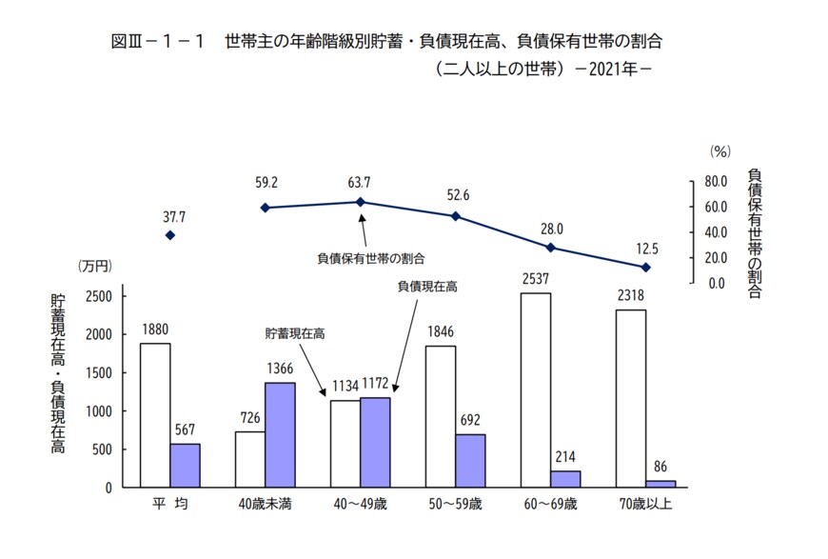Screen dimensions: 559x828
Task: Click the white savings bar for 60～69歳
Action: click(536, 389)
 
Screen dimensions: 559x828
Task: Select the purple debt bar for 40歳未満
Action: click(280, 434)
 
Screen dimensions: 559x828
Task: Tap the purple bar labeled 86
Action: click(660, 483)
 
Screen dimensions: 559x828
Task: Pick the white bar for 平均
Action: click(155, 414)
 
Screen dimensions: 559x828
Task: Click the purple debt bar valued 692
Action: click(470, 460)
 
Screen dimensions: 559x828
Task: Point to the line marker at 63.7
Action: click(361, 202)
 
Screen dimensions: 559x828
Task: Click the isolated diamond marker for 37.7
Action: click(170, 235)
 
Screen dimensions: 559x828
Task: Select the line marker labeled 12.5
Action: click(645, 268)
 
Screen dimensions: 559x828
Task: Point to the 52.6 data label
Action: click(458, 196)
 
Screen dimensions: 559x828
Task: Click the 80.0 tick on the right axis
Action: click(714, 181)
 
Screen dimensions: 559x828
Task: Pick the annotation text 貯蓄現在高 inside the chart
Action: click(296, 333)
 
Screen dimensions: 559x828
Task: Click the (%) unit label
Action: click(720, 151)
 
